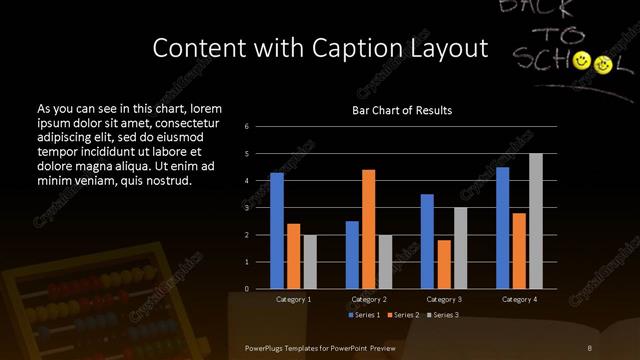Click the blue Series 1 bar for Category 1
click(277, 231)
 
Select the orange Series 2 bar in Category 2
click(369, 229)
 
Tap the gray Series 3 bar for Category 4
click(536, 221)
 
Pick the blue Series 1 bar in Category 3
click(427, 241)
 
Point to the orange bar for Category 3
click(444, 264)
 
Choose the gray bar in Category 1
click(310, 262)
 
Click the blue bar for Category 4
click(503, 228)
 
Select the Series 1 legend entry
click(363, 315)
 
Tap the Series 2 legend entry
click(403, 315)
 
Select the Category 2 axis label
click(369, 299)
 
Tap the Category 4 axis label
click(519, 299)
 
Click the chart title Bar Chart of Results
click(402, 110)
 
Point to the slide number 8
click(590, 347)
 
